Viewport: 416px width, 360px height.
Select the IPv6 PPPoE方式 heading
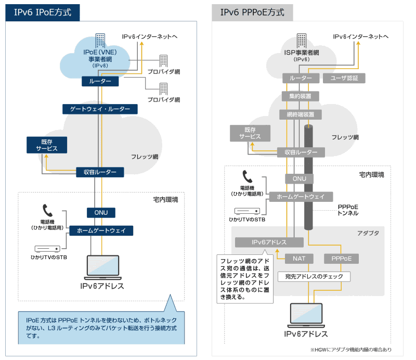pyautogui.click(x=252, y=12)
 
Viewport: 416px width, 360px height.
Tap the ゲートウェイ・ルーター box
pyautogui.click(x=100, y=109)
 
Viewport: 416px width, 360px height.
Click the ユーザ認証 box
pyautogui.click(x=344, y=78)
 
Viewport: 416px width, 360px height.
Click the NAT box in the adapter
pyautogui.click(x=298, y=258)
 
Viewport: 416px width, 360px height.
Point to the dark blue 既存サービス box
pyautogui.click(x=46, y=145)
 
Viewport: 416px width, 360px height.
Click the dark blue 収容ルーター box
pyautogui.click(x=100, y=172)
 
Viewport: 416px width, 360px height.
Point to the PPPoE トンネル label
pyautogui.click(x=347, y=210)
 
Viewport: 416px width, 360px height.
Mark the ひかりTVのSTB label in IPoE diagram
pyautogui.click(x=48, y=258)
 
